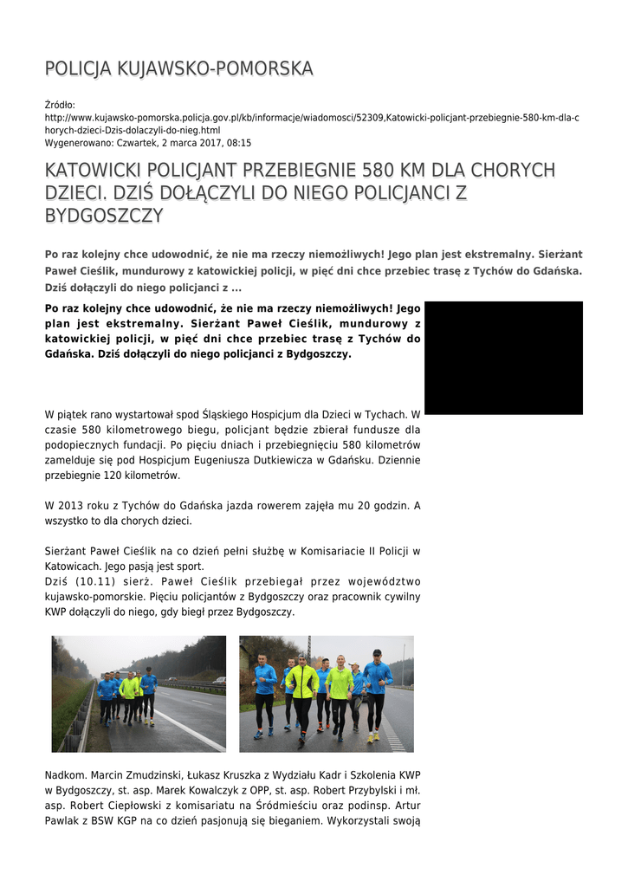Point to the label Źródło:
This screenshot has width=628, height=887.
coord(60,105)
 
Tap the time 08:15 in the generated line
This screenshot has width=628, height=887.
coord(240,143)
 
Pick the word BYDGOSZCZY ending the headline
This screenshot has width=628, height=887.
coord(104,215)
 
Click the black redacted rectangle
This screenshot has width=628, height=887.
coord(503,357)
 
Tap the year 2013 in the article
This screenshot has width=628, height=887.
coord(73,505)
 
